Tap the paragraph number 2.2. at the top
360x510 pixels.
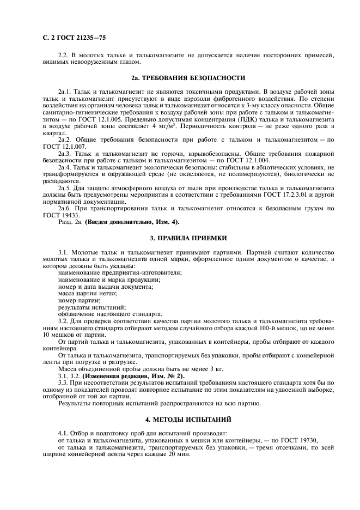click(x=64, y=55)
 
